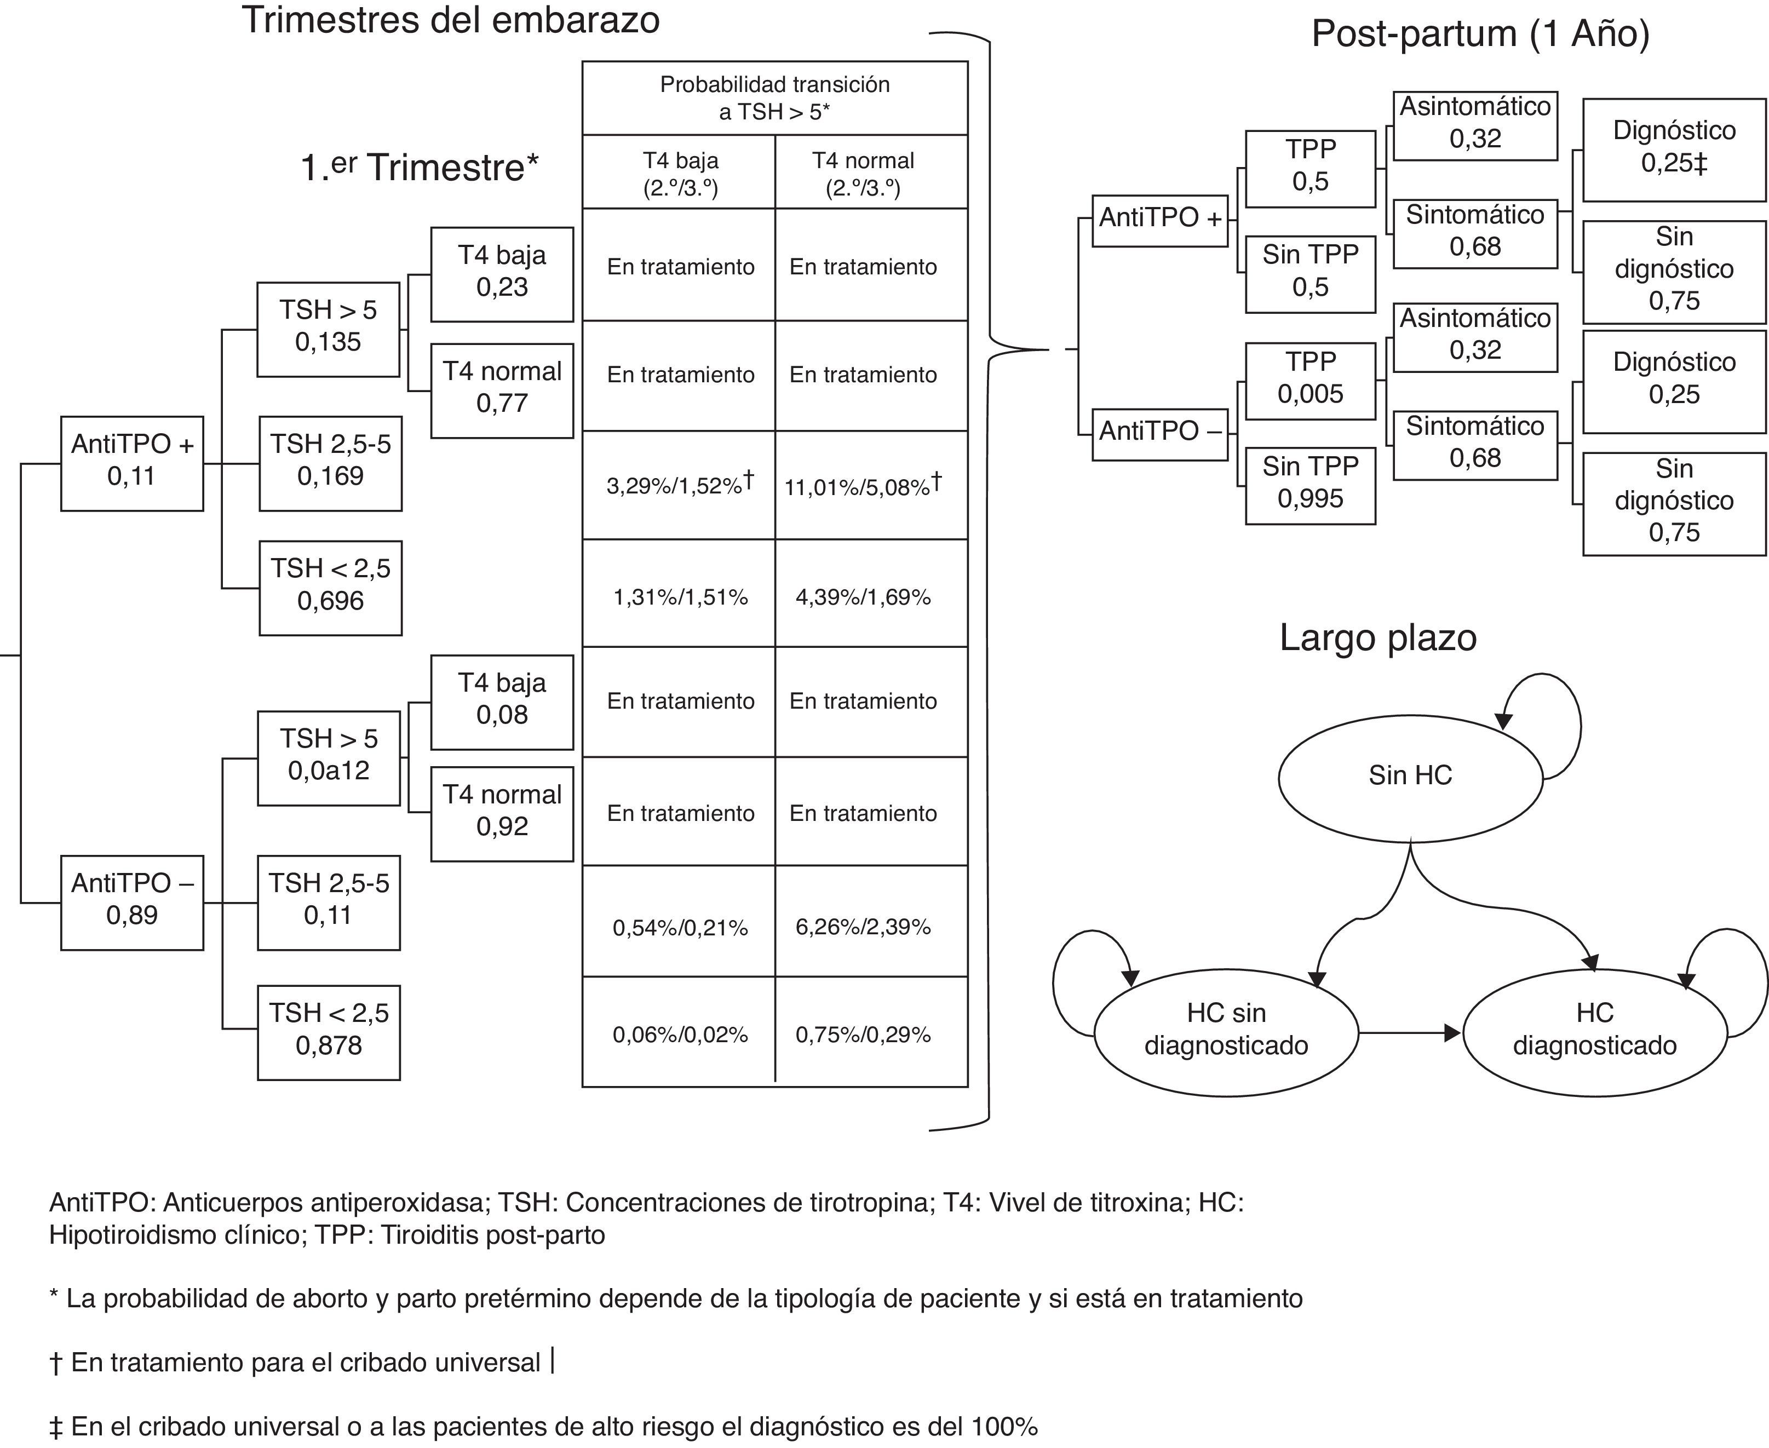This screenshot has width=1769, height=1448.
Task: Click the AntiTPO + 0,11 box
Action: pyautogui.click(x=132, y=463)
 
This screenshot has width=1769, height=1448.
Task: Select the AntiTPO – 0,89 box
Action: pyautogui.click(x=132, y=901)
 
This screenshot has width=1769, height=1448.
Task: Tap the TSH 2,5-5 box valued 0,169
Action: pyautogui.click(x=330, y=463)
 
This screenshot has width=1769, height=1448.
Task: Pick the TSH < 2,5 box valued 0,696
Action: pyautogui.click(x=330, y=588)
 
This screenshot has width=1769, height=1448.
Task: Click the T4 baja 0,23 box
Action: pyautogui.click(x=502, y=274)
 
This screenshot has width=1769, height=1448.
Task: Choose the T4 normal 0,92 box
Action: pyautogui.click(x=502, y=813)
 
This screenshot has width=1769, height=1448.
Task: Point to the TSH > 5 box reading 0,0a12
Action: pyautogui.click(x=329, y=757)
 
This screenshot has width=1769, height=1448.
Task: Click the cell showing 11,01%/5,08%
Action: pyautogui.click(x=863, y=485)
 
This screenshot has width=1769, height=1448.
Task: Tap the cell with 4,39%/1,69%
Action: pyautogui.click(x=863, y=597)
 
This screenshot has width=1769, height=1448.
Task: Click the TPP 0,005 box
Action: pyautogui.click(x=1309, y=381)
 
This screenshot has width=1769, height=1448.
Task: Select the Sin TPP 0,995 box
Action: pyautogui.click(x=1309, y=485)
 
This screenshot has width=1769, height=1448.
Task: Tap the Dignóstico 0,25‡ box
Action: pyautogui.click(x=1673, y=150)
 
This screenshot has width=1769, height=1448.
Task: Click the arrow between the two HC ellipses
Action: pyautogui.click(x=1410, y=1033)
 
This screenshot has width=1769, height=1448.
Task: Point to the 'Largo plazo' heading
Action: pyautogui.click(x=1378, y=638)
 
